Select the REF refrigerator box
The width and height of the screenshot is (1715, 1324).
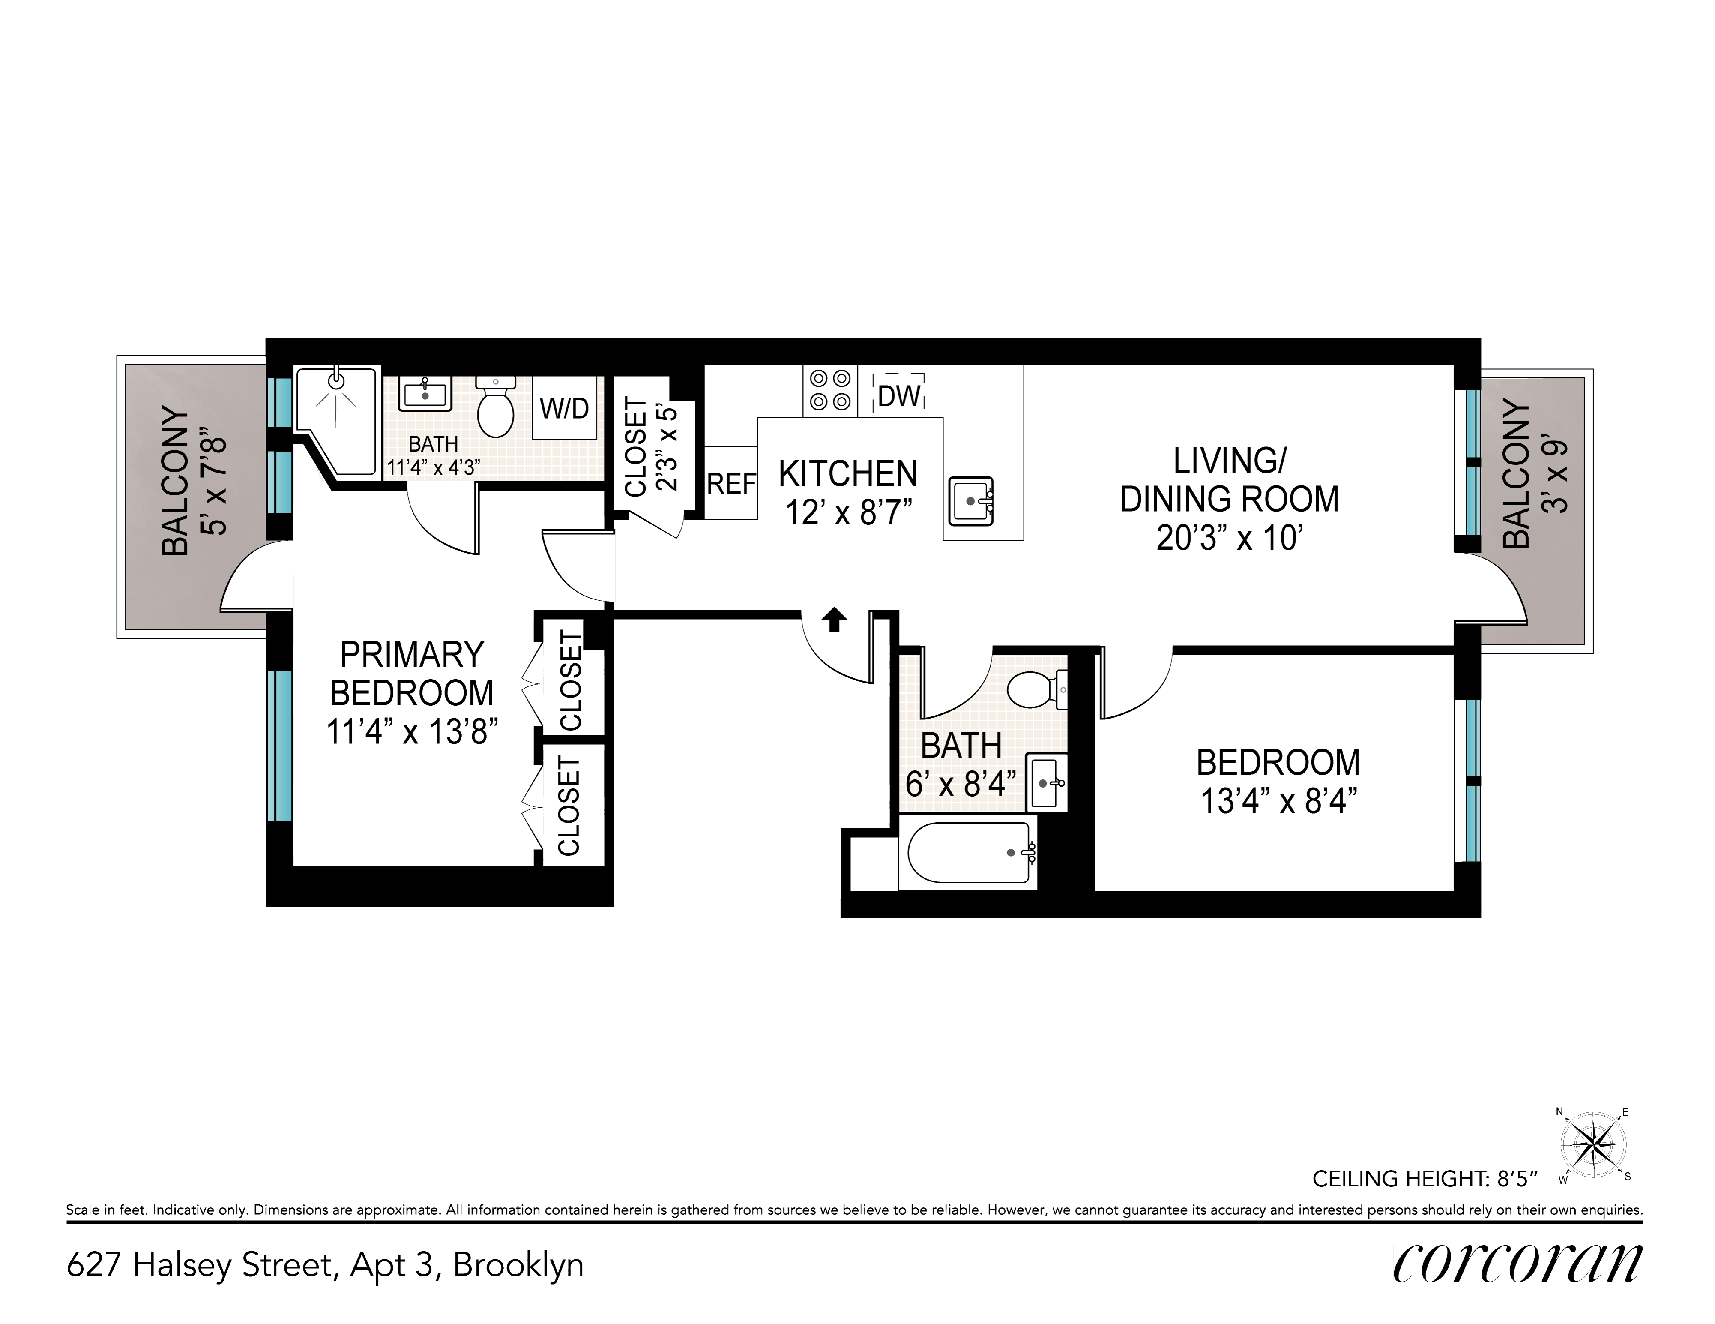(x=731, y=483)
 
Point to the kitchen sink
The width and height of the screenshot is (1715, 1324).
(x=971, y=501)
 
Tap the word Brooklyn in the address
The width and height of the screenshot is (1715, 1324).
(x=518, y=1265)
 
